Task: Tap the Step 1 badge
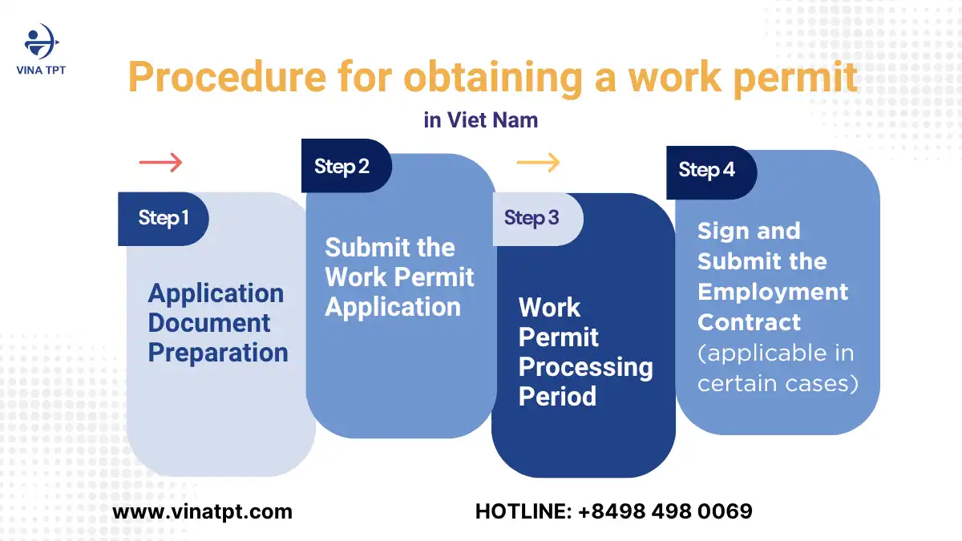(164, 218)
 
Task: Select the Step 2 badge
(342, 166)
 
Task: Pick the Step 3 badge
(532, 218)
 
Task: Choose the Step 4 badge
(706, 170)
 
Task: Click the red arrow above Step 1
(160, 163)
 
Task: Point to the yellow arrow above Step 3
(538, 163)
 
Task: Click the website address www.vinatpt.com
(202, 511)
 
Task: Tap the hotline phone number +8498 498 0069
(665, 511)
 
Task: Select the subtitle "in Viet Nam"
(481, 120)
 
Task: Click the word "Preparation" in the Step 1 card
(218, 353)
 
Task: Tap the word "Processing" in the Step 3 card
(585, 367)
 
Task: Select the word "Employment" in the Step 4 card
(772, 292)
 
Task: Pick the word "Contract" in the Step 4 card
(749, 322)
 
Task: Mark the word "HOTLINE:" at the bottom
(523, 511)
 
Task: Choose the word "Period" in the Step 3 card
(557, 397)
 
